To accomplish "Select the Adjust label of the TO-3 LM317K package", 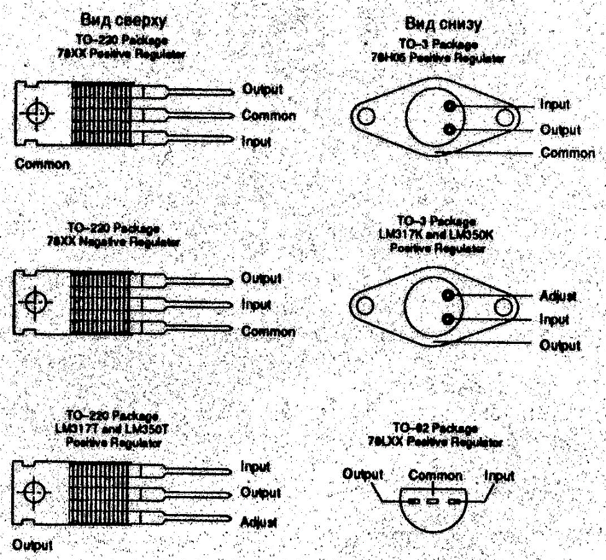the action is point(558,296).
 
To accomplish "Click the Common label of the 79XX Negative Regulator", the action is point(268,332).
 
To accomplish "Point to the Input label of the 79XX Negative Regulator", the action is point(256,305).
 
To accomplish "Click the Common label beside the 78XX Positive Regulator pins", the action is point(268,115).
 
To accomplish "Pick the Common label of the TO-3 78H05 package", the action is point(568,153).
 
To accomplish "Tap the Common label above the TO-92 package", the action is point(435,476).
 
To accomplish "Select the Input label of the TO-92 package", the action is point(499,476).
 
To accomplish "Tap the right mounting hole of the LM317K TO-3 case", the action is point(507,306).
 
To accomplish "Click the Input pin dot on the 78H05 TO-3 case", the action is point(449,106).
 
